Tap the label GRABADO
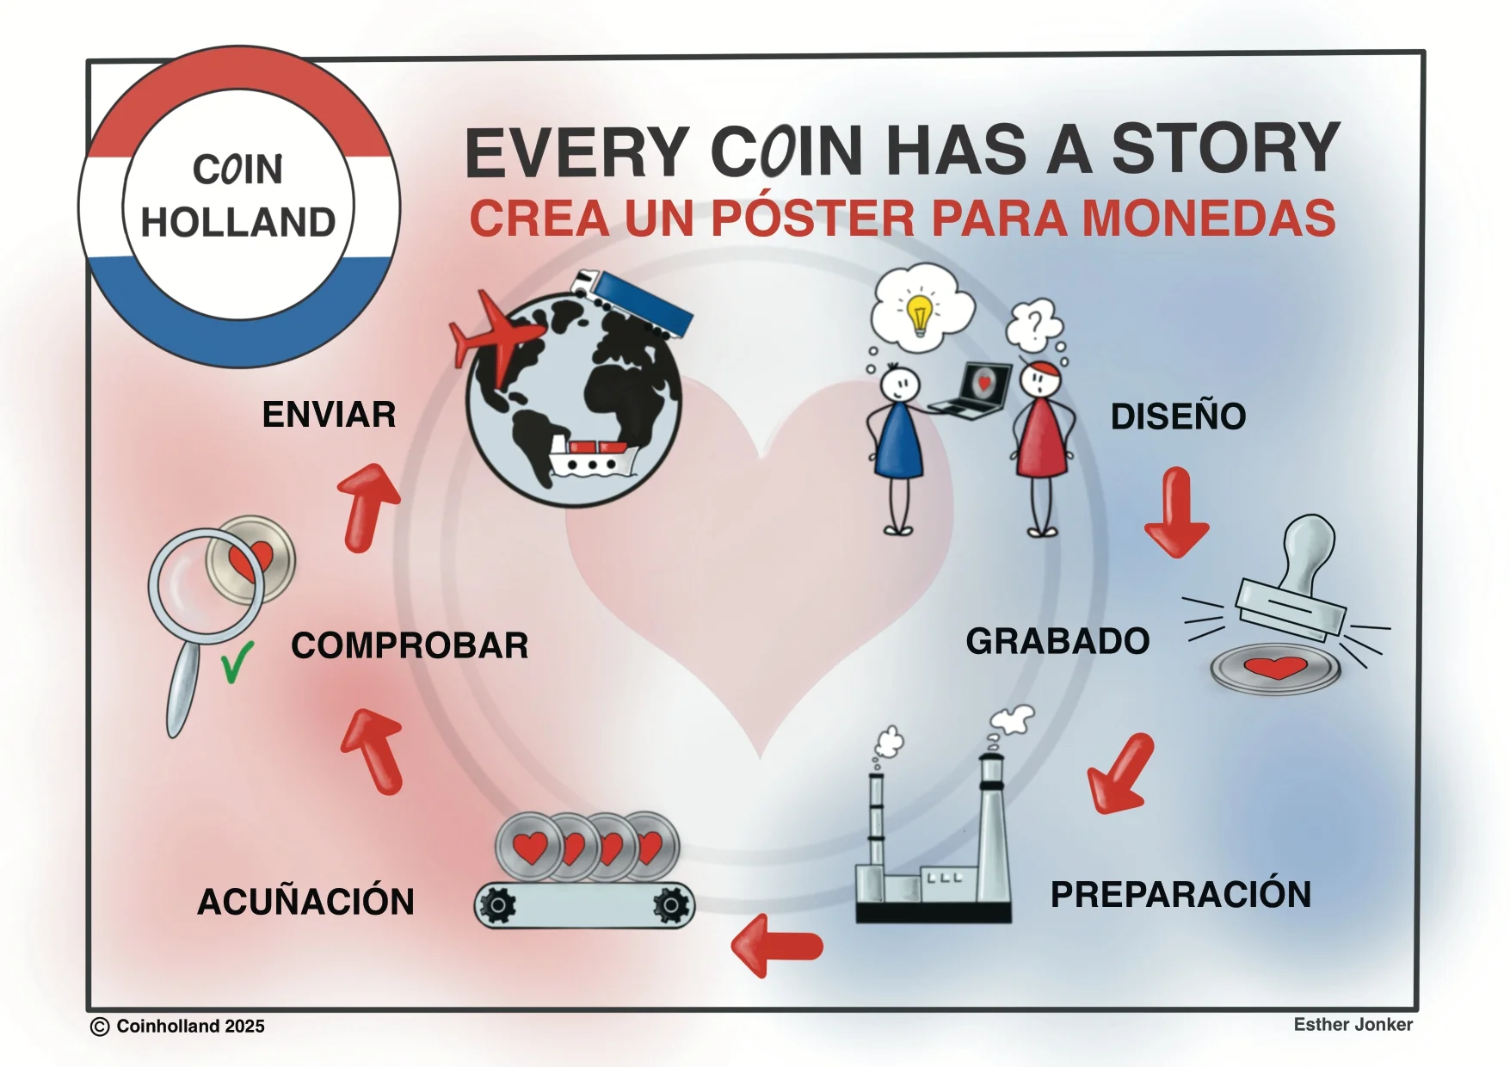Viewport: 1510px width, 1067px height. tap(1057, 641)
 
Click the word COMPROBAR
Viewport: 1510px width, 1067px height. tap(410, 645)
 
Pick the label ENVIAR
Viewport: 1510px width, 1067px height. tap(329, 415)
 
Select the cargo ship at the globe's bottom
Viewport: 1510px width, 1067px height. tap(593, 457)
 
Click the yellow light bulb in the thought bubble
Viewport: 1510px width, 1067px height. tap(920, 315)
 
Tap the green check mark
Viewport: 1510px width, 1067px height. tap(237, 663)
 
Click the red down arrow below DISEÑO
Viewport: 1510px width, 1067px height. tap(1176, 512)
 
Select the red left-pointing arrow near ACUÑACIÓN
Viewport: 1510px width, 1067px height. tap(777, 946)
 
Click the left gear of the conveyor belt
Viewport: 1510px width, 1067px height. tap(497, 904)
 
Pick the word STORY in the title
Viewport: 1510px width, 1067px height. tap(1225, 148)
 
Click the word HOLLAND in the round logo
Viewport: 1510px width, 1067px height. tap(238, 222)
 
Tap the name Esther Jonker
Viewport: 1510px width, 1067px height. tap(1353, 1024)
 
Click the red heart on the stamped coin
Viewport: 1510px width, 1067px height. tap(1277, 667)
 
